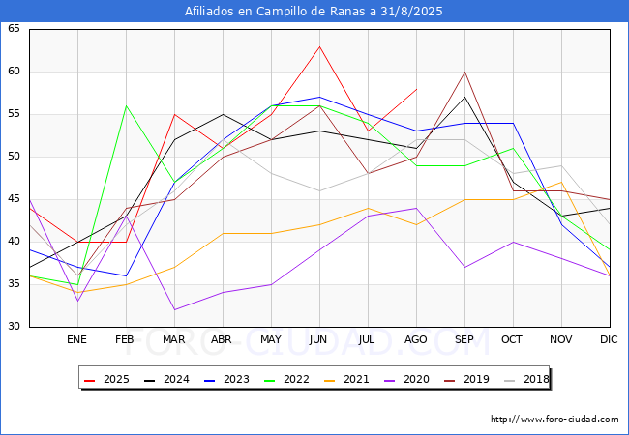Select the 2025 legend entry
coord(106,379)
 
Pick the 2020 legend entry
coord(406,379)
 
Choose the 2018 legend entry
coord(526,379)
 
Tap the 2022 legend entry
coord(286,379)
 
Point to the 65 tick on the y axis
coord(14,28)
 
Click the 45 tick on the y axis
coord(14,199)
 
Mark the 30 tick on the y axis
coord(14,326)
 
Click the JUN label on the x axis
coord(318,339)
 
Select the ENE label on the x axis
coord(76,339)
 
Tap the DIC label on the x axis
coord(609,339)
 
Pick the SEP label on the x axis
coord(464,339)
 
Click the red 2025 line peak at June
coord(319,46)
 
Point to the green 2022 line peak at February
coord(127,105)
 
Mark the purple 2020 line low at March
coord(174,309)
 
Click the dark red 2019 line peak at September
coord(464,72)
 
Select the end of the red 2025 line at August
coord(417,89)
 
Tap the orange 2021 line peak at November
coord(561,183)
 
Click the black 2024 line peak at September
coord(464,98)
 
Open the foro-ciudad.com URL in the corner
coord(554,420)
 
